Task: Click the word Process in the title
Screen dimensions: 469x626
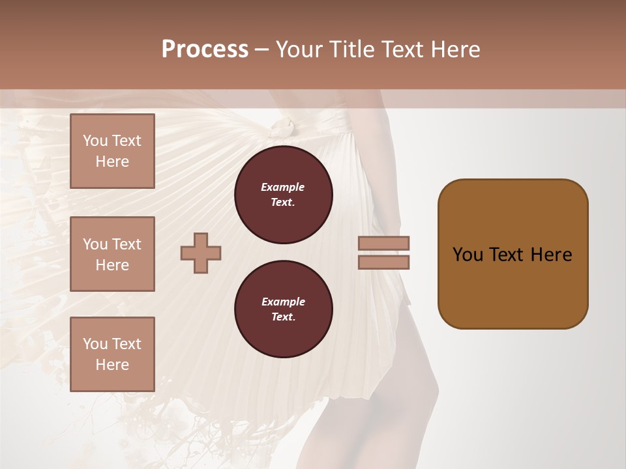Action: point(205,50)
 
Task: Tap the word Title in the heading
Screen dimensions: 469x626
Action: point(351,50)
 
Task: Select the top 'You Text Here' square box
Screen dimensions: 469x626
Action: point(112,151)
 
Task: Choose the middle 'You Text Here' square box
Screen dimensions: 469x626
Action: point(112,254)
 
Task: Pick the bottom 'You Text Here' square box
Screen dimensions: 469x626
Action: point(112,354)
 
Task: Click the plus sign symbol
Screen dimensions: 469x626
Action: point(201,253)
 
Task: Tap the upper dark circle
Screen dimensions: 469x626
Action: point(283,195)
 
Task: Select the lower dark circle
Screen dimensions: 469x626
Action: point(283,309)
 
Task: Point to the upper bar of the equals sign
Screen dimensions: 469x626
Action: point(384,243)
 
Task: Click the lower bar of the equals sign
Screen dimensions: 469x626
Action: point(384,263)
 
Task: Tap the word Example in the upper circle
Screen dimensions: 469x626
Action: point(283,187)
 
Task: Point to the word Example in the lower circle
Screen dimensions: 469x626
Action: point(283,302)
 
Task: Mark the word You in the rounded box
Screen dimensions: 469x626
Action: point(468,255)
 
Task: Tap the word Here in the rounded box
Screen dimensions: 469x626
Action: point(551,255)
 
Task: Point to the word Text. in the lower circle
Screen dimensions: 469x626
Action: point(283,317)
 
